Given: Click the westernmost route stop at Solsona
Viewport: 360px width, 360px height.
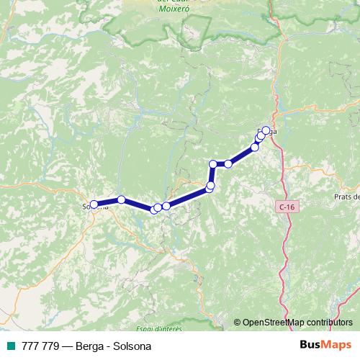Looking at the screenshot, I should pyautogui.click(x=94, y=204).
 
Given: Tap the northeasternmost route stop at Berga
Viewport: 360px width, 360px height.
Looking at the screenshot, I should pyautogui.click(x=266, y=130).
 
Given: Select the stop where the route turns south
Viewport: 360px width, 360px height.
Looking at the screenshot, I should pyautogui.click(x=213, y=164).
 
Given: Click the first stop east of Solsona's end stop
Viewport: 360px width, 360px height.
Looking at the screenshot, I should pyautogui.click(x=122, y=199).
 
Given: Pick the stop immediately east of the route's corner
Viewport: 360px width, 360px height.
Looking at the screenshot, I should pyautogui.click(x=228, y=163).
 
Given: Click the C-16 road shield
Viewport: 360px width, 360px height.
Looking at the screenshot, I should pyautogui.click(x=286, y=207).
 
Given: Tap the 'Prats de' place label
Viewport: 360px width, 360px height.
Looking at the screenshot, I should pyautogui.click(x=346, y=197).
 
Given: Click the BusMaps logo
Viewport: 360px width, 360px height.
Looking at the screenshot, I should pyautogui.click(x=326, y=346).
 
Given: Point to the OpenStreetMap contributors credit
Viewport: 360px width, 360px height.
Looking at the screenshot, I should pyautogui.click(x=293, y=323).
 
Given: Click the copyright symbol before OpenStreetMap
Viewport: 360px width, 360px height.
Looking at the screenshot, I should pyautogui.click(x=238, y=323).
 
